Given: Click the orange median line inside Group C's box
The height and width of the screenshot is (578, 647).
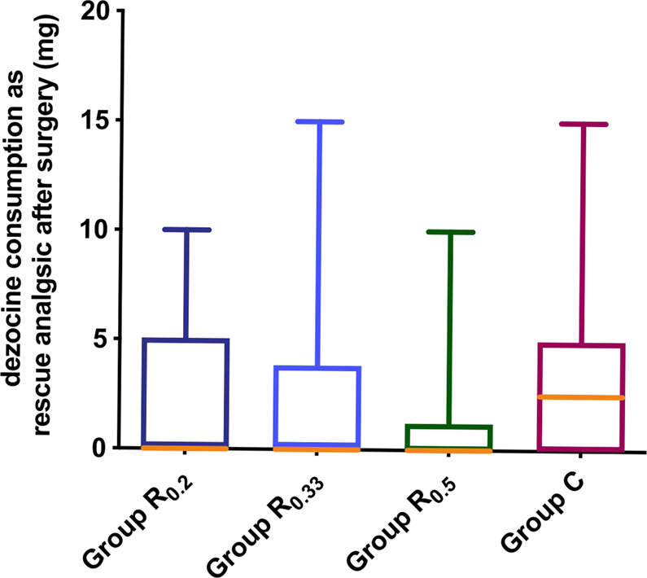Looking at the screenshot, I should pos(581,397).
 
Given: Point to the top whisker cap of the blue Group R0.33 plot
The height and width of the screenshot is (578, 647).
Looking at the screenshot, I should pos(319,121).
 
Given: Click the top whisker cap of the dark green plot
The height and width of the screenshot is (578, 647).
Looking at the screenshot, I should pos(450,232).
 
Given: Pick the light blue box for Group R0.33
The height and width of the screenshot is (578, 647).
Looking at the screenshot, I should pos(319,407).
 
